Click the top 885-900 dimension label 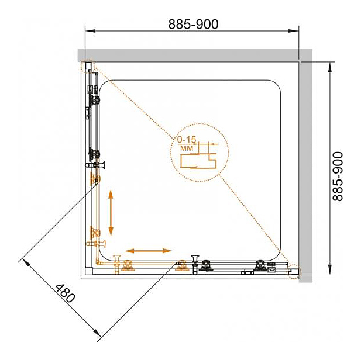click(193, 24)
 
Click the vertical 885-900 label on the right click(338, 176)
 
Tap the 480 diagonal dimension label click(65, 293)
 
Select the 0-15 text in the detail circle click(187, 140)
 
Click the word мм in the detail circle click(187, 148)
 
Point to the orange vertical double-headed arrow click(111, 213)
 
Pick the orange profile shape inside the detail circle click(199, 161)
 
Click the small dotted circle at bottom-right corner click(294, 272)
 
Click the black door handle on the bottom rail click(195, 265)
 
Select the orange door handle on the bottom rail click(117, 265)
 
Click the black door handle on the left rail click(95, 165)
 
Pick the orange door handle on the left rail click(95, 244)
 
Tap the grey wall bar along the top click(195, 55)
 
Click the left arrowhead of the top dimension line click(90, 31)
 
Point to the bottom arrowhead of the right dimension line click(330, 269)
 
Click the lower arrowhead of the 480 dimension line click(97, 333)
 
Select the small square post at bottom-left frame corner click(88, 271)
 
